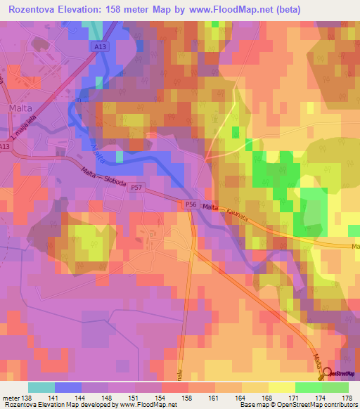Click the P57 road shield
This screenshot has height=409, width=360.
[136, 188]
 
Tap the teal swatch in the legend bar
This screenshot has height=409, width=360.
[41, 387]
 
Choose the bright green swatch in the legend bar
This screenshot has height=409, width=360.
[308, 387]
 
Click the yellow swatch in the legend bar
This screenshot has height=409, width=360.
[281, 387]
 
